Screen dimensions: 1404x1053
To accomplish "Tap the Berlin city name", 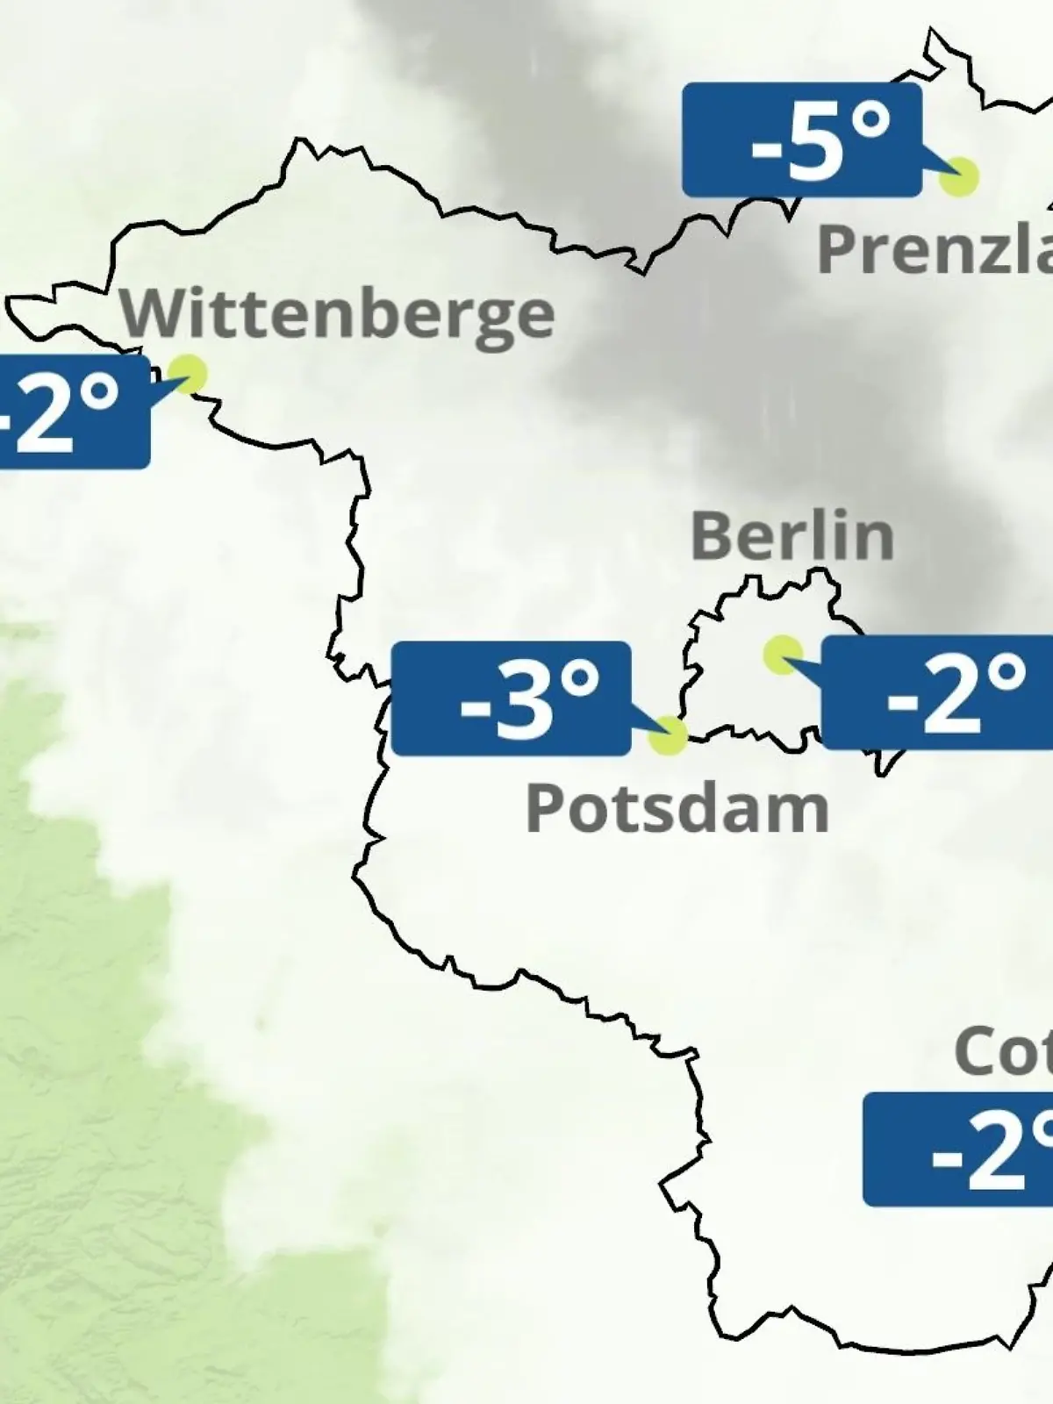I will [x=792, y=536].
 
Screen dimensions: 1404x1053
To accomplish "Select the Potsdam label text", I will [x=677, y=809].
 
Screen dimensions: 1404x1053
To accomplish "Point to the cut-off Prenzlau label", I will [x=935, y=249].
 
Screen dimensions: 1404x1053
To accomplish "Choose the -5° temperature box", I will [x=802, y=140].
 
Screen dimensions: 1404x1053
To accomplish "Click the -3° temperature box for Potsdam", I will [x=511, y=698].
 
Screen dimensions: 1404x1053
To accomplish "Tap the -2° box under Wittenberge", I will [x=70, y=412].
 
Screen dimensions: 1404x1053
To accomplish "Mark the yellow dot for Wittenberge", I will [x=188, y=374].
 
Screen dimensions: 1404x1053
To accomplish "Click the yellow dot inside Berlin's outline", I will [x=782, y=654].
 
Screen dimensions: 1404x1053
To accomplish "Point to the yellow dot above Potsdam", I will [x=668, y=735].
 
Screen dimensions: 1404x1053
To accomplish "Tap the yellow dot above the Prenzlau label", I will [x=958, y=177].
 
